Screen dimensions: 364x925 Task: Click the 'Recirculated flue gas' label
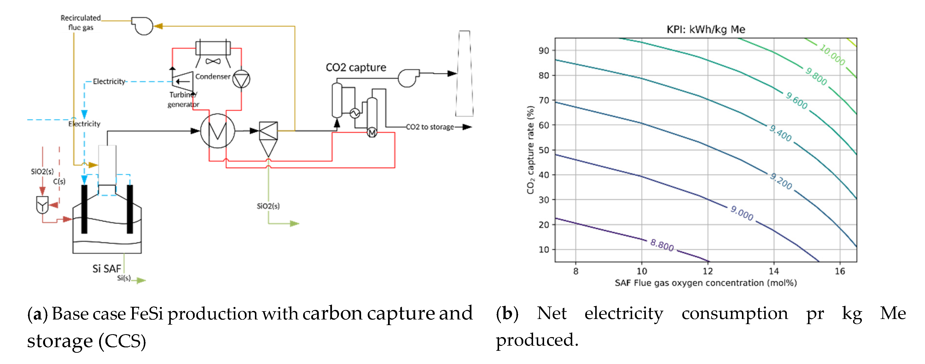tap(80, 22)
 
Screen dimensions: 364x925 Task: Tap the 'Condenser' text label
tap(213, 77)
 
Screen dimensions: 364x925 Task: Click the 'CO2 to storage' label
tap(430, 127)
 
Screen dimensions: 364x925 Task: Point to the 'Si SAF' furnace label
tap(107, 269)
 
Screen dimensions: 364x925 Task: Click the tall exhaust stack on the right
tap(464, 74)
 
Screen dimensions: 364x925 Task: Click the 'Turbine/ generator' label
tap(183, 99)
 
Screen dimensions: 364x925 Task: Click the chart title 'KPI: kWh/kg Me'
tap(706, 29)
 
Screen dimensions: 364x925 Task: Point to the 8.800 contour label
tap(662, 245)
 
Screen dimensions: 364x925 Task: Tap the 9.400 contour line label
tap(780, 134)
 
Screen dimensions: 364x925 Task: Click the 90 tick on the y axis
tap(544, 51)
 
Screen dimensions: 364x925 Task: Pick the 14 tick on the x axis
tap(774, 271)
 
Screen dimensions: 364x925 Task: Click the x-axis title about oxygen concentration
tap(706, 283)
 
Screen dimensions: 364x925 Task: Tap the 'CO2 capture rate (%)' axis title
tap(530, 150)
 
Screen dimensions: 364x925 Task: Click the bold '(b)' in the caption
tap(507, 313)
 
